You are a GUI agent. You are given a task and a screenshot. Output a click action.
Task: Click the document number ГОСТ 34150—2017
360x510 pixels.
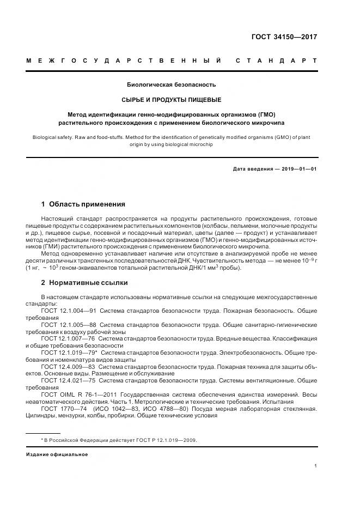tap(283, 37)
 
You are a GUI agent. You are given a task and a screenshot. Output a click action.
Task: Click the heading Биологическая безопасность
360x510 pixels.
tap(171, 84)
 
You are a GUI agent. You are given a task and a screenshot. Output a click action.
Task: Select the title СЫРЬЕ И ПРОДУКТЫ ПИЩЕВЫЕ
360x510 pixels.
tap(171, 100)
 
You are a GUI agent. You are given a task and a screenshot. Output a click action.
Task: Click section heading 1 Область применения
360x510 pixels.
tap(83, 204)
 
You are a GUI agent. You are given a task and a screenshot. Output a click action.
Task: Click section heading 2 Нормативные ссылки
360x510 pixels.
tap(84, 283)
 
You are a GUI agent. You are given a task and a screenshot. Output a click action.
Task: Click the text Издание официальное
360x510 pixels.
tap(57, 454)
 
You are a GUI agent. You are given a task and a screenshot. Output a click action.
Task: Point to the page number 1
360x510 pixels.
tap(315, 466)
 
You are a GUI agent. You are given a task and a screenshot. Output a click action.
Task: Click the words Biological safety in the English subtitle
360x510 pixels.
tap(49, 138)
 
